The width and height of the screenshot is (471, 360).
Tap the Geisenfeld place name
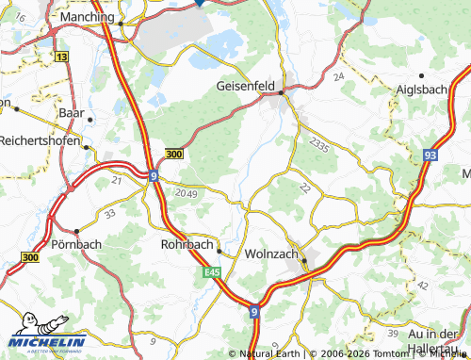point(245,85)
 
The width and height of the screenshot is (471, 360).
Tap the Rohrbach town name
point(182,243)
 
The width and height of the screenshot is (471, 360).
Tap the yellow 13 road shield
point(62,57)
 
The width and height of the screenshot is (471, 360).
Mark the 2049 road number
point(187,193)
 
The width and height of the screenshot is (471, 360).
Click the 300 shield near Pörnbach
point(30,256)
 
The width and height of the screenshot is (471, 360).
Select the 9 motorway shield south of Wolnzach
point(254,309)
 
